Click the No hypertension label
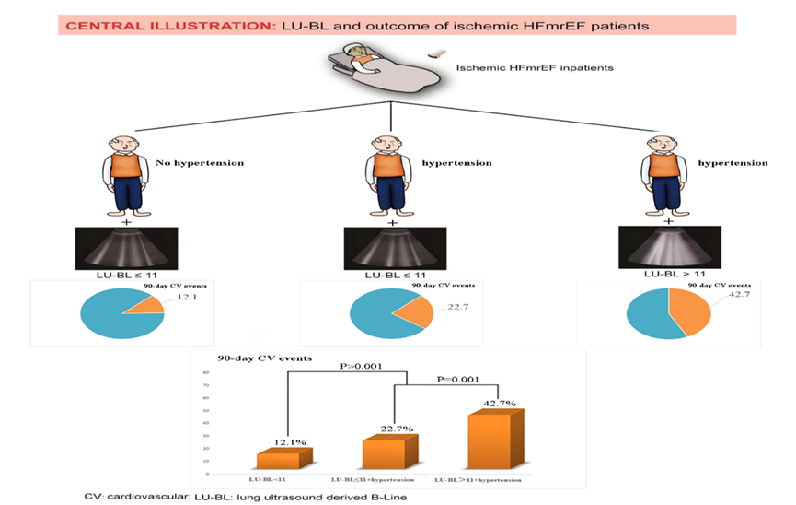tap(199, 163)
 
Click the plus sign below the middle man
tap(393, 222)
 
